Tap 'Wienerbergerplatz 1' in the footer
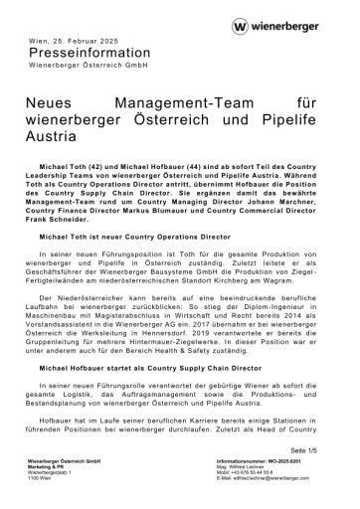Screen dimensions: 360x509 click(x=52, y=474)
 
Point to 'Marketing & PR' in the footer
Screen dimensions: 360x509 click(x=48, y=469)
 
